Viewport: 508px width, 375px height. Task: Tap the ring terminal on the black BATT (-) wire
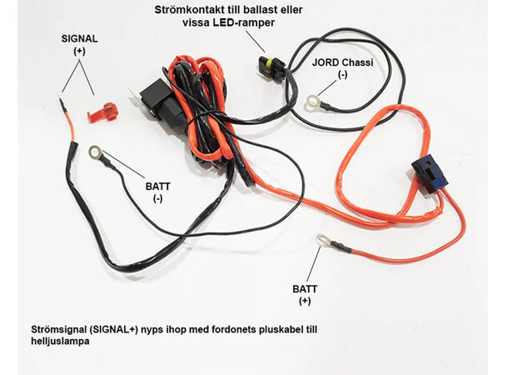[x=96, y=152]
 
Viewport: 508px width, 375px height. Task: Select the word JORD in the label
[x=326, y=62]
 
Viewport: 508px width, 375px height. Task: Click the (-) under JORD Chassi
[x=341, y=75]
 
